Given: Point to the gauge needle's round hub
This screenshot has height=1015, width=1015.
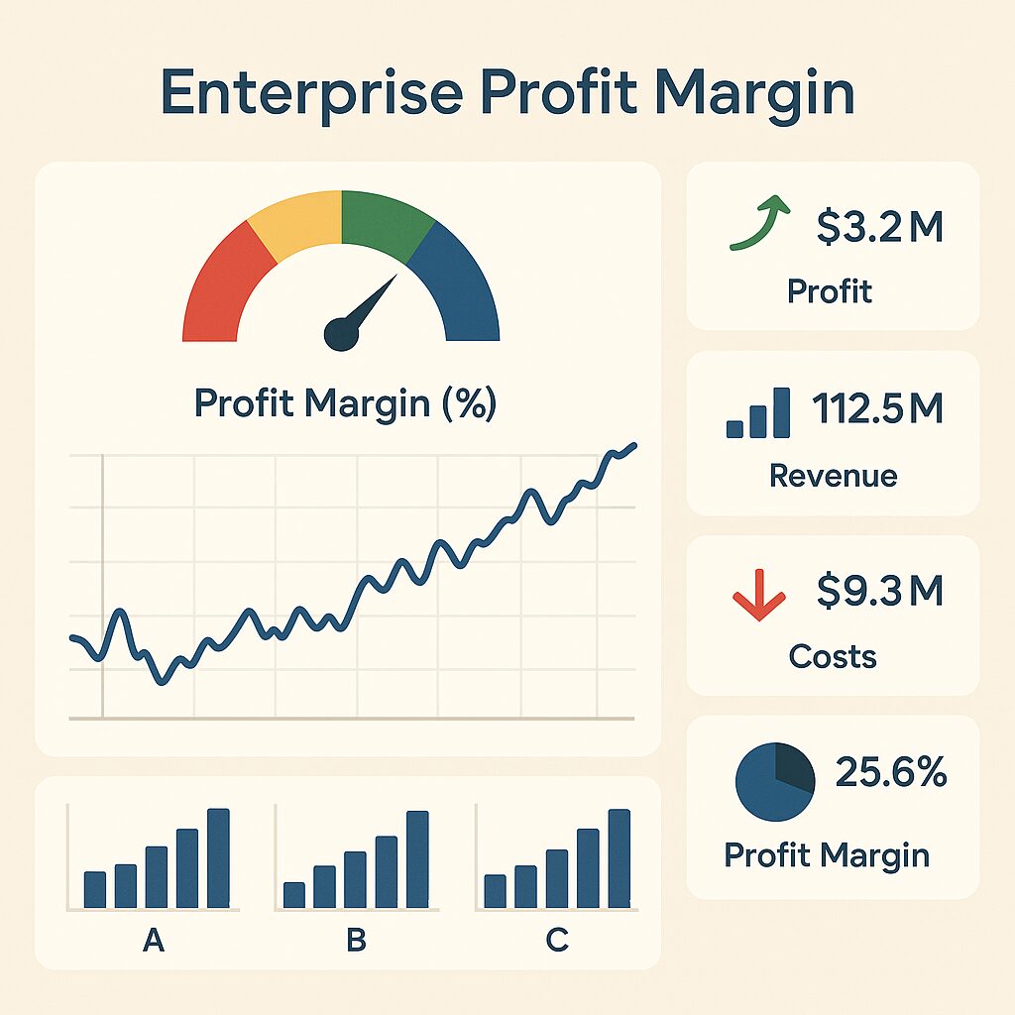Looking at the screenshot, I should pyautogui.click(x=341, y=334).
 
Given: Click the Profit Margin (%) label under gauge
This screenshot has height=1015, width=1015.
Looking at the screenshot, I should pyautogui.click(x=345, y=404).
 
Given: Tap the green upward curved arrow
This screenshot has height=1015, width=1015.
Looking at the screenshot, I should pyautogui.click(x=759, y=224).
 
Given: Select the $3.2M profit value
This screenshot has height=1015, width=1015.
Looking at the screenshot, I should pyautogui.click(x=879, y=228).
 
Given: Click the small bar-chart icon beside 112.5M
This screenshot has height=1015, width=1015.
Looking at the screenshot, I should pyautogui.click(x=758, y=414).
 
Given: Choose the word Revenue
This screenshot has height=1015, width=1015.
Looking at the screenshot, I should pyautogui.click(x=833, y=476).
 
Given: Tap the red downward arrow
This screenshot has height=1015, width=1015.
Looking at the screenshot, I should pyautogui.click(x=758, y=597).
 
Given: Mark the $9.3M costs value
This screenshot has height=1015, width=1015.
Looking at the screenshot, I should pyautogui.click(x=879, y=592).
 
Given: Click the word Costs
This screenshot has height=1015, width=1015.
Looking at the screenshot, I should pyautogui.click(x=833, y=655).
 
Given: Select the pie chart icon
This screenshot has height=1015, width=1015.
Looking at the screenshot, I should pyautogui.click(x=774, y=782).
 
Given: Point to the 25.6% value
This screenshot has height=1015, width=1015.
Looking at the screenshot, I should pyautogui.click(x=891, y=772).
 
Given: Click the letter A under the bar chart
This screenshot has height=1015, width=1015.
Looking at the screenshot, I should pyautogui.click(x=153, y=939).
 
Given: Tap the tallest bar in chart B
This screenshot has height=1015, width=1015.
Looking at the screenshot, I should pyautogui.click(x=417, y=858).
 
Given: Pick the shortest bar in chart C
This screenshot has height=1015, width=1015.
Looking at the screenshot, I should pyautogui.click(x=495, y=890).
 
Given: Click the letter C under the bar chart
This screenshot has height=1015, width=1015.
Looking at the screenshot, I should pyautogui.click(x=557, y=939).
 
